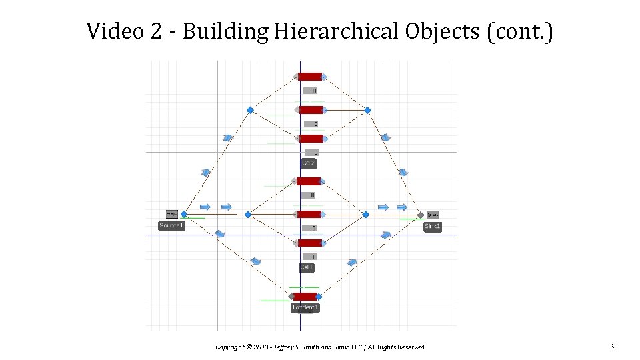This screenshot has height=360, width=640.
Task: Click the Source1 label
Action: (171, 226)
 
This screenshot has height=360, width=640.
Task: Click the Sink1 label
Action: (432, 227)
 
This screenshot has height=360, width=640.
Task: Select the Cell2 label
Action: (308, 163)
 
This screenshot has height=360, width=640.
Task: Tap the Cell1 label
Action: (307, 267)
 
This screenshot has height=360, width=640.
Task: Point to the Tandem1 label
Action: (305, 307)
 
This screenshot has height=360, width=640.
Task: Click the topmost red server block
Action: (310, 77)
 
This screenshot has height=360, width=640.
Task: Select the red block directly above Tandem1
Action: (305, 296)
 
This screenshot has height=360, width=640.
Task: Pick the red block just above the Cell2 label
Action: (311, 139)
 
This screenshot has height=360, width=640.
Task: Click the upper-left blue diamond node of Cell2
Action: (250, 110)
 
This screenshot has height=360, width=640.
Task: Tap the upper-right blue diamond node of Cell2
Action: (367, 110)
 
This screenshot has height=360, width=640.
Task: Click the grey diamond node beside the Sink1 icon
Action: (421, 215)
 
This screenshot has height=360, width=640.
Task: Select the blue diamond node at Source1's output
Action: (184, 215)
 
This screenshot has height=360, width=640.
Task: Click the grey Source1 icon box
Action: (171, 214)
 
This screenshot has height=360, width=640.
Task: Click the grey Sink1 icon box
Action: (433, 214)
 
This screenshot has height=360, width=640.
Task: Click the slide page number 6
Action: (611, 347)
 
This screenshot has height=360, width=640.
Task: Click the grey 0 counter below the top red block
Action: (311, 91)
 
